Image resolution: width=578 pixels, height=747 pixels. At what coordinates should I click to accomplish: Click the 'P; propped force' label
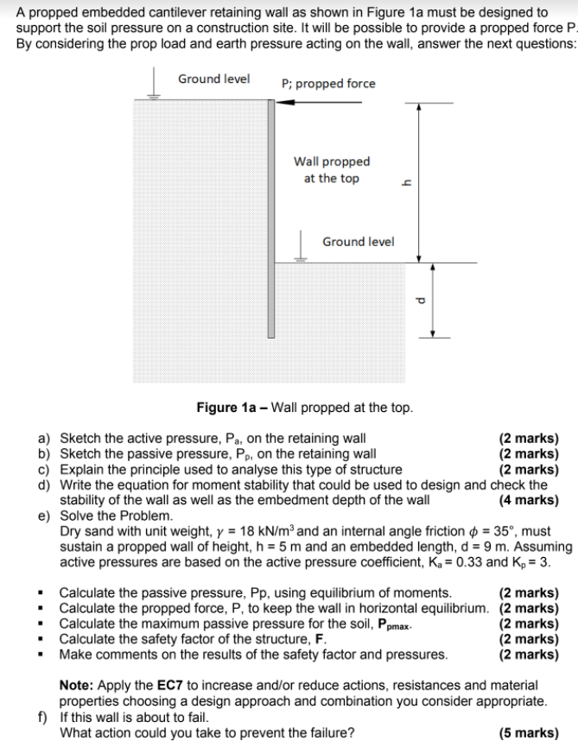(328, 84)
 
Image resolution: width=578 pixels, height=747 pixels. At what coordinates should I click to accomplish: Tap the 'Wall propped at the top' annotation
(332, 169)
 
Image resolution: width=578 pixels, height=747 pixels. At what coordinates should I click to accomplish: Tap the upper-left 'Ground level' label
(213, 79)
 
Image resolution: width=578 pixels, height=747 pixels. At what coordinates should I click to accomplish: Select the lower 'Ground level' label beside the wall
(358, 242)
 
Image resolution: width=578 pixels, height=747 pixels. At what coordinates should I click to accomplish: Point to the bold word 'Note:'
(77, 685)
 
